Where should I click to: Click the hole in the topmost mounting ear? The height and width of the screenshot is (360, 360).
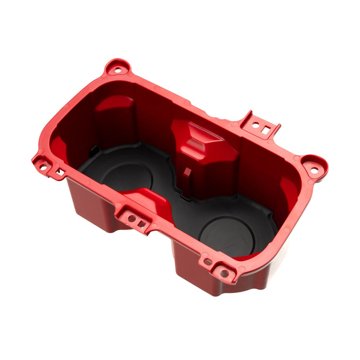click(118, 70)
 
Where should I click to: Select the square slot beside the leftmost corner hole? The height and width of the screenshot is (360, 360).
click(60, 172)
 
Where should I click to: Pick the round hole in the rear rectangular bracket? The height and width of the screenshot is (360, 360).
click(256, 125)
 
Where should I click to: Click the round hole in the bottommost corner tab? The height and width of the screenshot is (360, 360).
click(224, 273)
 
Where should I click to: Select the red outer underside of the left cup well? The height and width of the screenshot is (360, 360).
click(91, 207)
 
